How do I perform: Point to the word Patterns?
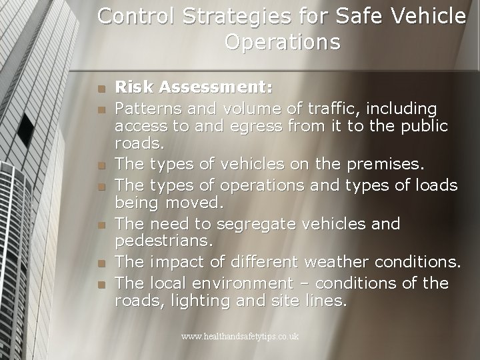coord(145,107)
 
